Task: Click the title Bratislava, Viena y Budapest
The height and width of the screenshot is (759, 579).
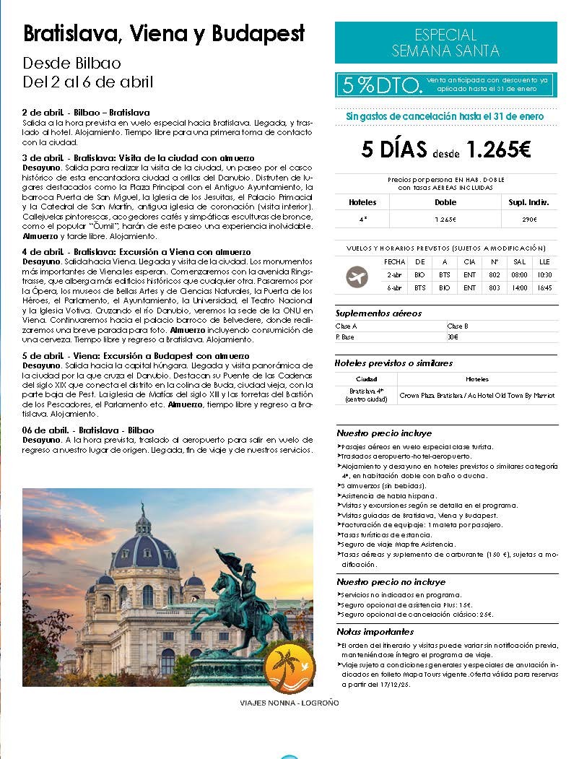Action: pos(164,33)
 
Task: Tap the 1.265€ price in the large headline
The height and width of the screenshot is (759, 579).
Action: pos(498,149)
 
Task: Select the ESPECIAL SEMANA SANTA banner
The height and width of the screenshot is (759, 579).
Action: pos(445,43)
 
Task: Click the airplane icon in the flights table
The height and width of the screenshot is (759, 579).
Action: pos(357,277)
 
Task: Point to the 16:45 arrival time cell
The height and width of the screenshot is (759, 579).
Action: pos(544,287)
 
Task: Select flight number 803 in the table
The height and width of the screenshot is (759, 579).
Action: pos(494,287)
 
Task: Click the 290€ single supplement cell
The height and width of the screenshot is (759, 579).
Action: pos(530,219)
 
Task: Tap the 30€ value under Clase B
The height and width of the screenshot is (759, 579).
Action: pos(453,337)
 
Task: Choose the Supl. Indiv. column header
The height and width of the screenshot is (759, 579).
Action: pos(530,202)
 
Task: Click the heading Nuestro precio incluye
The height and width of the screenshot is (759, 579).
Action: pos(384,433)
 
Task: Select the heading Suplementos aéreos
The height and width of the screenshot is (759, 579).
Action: pos(378,313)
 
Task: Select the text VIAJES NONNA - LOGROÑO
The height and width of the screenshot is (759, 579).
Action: pos(289,702)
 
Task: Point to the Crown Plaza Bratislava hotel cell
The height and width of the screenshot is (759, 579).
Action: pos(477,395)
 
